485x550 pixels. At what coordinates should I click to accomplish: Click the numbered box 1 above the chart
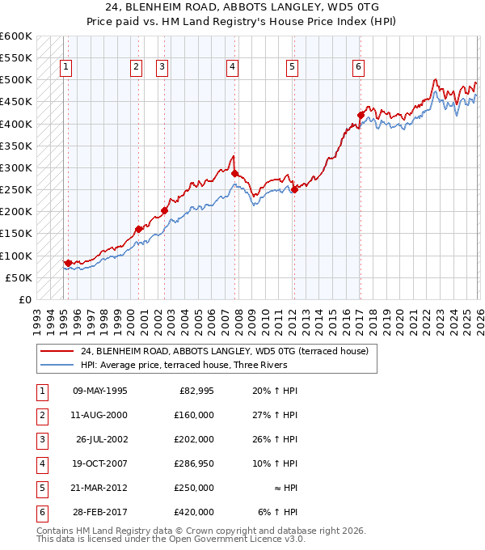click(x=65, y=67)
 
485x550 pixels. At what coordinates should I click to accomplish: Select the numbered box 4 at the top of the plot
click(x=232, y=67)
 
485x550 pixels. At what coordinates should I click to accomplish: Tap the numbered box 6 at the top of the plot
click(x=358, y=67)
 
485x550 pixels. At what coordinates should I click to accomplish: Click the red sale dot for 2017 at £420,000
click(x=361, y=115)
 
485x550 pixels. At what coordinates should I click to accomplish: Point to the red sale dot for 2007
click(x=234, y=173)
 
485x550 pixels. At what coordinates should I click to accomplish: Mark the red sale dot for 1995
click(x=68, y=263)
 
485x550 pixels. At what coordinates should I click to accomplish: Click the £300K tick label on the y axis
click(x=16, y=167)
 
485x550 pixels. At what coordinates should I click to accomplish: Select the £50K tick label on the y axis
click(x=19, y=277)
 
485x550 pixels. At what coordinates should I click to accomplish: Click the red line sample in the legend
click(x=57, y=351)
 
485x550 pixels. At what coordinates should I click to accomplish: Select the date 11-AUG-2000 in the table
click(x=99, y=415)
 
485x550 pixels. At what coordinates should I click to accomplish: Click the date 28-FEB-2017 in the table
click(x=99, y=512)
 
